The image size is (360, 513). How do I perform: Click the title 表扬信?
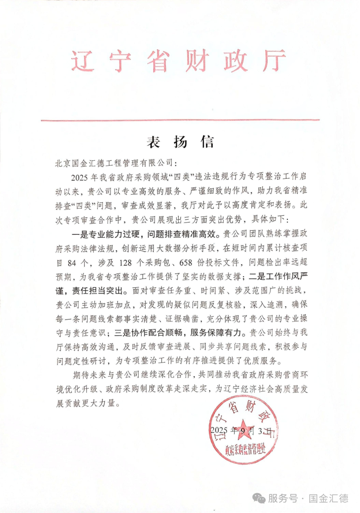pos(180,142)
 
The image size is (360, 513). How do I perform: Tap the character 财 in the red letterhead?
pos(197,61)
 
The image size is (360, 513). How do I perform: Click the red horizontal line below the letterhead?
pos(180,120)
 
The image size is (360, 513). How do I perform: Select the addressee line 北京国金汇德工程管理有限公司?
pos(114,163)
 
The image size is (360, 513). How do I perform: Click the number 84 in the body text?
pos(72,263)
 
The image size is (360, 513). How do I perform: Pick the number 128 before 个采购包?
pos(125,263)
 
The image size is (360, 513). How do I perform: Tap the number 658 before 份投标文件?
pos(186,263)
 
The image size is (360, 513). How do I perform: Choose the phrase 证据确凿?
pos(182,319)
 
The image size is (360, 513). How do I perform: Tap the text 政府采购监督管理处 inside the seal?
pos(245,450)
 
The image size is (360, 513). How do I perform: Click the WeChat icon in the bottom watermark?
pos(259,499)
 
